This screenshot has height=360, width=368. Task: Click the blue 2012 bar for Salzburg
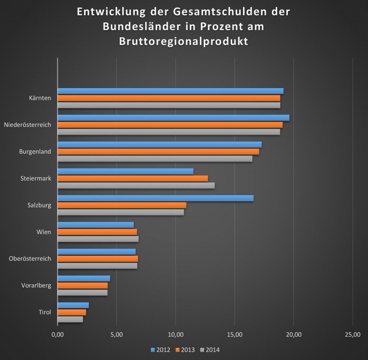click(x=156, y=198)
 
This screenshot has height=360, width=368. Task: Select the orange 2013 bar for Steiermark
click(x=133, y=179)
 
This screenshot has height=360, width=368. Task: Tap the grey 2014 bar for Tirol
click(x=70, y=319)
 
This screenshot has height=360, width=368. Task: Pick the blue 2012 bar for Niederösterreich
click(x=173, y=118)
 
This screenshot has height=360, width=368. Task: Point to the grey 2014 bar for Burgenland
click(x=155, y=159)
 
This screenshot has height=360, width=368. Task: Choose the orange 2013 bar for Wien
click(x=97, y=232)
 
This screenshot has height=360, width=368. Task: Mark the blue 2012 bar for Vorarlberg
click(x=84, y=278)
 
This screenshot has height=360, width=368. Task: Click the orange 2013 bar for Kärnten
click(x=169, y=98)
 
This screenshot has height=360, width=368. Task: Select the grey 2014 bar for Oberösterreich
click(x=97, y=266)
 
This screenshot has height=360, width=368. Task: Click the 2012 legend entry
click(x=160, y=350)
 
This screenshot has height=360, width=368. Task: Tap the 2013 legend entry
click(x=185, y=350)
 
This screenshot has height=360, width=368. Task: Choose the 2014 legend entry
click(x=210, y=350)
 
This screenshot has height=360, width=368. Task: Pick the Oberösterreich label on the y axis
click(x=30, y=259)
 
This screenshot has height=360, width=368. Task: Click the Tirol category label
click(x=45, y=312)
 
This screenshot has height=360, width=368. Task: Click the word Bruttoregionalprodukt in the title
click(x=183, y=41)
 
